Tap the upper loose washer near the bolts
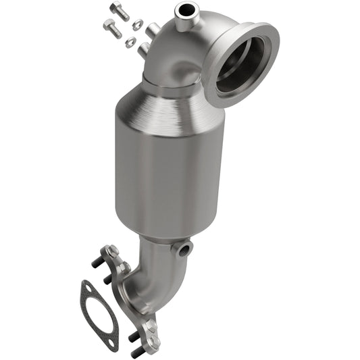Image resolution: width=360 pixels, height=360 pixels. click(x=136, y=25)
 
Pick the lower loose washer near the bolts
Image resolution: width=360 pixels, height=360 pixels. click(x=130, y=42)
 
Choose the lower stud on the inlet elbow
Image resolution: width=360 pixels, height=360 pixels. click(x=143, y=49)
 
